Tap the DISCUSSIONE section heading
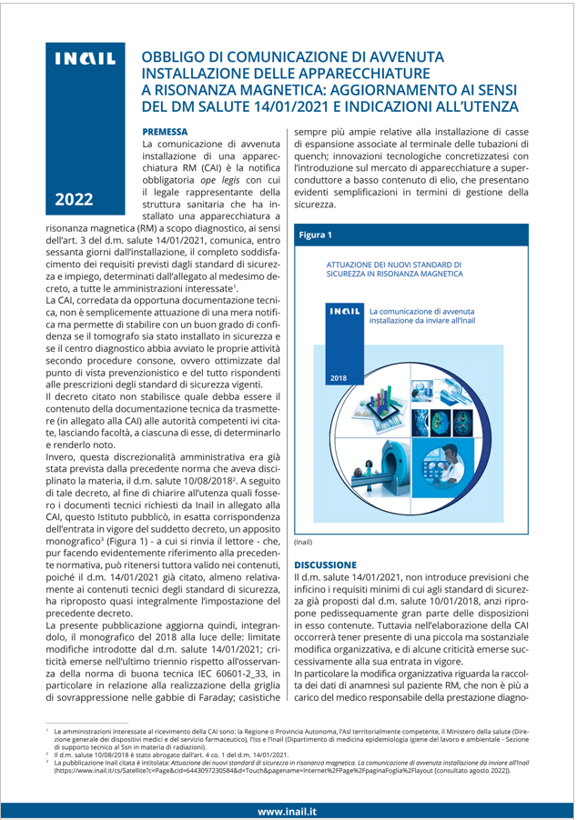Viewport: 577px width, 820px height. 332,564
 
